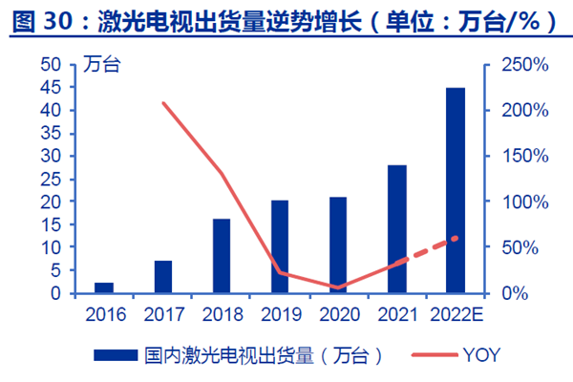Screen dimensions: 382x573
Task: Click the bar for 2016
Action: [104, 287]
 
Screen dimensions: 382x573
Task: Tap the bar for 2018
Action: [222, 256]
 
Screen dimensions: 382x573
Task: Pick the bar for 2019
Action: [280, 246]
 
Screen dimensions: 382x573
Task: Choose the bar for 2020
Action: [338, 244]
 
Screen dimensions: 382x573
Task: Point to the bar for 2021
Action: [396, 229]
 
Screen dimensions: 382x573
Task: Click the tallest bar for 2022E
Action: [456, 190]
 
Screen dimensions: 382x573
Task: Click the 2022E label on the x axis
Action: [456, 312]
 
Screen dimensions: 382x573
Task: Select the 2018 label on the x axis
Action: [222, 312]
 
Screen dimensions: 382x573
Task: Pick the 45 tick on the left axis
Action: [52, 88]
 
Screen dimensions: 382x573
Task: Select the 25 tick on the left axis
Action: [52, 179]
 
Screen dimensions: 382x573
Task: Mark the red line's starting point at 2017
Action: [163, 103]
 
